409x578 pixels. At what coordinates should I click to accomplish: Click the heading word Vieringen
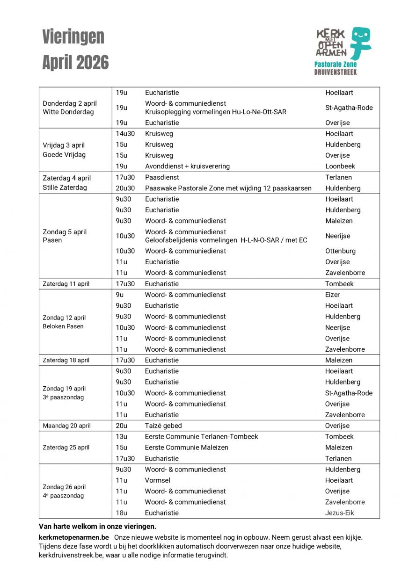point(73,36)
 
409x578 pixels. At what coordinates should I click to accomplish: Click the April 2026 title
point(75,62)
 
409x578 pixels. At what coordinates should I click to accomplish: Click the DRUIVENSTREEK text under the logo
point(335,72)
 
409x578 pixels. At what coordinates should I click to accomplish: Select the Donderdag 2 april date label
point(70,103)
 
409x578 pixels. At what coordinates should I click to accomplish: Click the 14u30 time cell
point(125,134)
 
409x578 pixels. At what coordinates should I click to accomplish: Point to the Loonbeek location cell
point(340,166)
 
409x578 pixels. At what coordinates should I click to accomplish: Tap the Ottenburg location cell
point(340,251)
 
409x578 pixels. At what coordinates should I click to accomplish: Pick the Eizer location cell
point(333,295)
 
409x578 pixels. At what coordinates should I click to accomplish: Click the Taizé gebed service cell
point(163,426)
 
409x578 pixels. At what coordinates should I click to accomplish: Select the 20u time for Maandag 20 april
point(122,426)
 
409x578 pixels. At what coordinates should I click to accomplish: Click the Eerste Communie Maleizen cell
point(187,448)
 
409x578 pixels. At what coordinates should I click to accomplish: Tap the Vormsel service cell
point(158,480)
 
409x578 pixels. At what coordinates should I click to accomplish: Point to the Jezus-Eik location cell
point(340,513)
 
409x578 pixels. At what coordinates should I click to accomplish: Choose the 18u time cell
point(122,513)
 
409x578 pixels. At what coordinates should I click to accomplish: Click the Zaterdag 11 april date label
point(66,284)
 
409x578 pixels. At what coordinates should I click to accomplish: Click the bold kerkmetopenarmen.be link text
point(74,537)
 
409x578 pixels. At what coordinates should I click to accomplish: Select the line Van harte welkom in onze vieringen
point(97,526)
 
